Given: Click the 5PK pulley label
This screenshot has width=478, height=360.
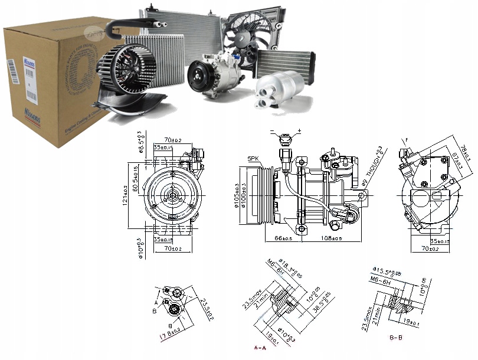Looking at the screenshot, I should click(x=253, y=158).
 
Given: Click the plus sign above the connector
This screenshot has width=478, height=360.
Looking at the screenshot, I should click(x=300, y=130).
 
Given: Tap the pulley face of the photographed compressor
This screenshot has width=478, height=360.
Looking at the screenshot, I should click(x=198, y=78).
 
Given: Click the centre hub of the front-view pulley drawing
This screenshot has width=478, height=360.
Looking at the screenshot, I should click(x=171, y=195).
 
